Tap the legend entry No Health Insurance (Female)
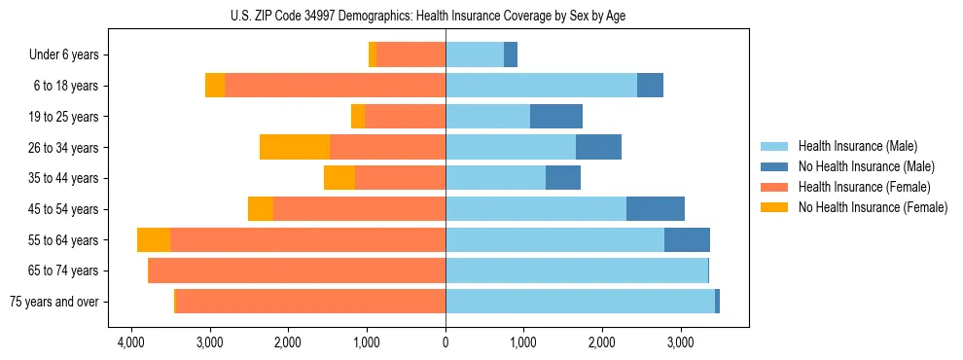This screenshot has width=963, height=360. click(x=873, y=207)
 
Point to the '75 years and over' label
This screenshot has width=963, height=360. click(x=54, y=302)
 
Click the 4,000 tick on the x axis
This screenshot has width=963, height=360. click(x=130, y=343)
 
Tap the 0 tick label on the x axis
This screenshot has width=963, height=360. click(x=446, y=343)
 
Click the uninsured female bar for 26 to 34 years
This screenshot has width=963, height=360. click(x=295, y=147)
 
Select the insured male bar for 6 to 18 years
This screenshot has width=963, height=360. click(x=541, y=86)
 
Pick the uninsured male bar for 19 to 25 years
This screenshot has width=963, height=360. click(x=556, y=117)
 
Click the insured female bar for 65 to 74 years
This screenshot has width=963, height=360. click(x=297, y=270)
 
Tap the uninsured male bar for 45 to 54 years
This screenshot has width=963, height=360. click(x=656, y=209)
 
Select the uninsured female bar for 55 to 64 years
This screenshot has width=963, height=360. click(x=154, y=240)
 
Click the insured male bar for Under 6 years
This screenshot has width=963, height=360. click(x=475, y=55)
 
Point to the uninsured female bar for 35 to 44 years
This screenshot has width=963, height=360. click(x=339, y=178)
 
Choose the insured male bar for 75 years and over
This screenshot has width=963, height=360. click(x=580, y=302)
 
